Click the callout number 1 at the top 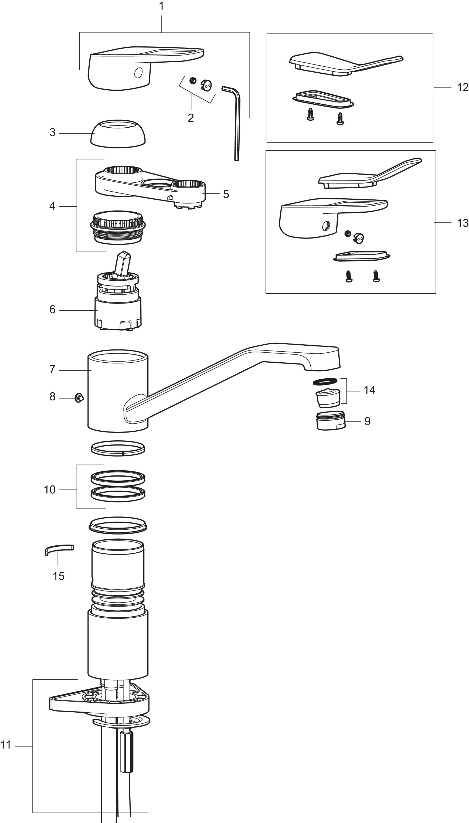click(x=161, y=6)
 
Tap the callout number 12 click(x=463, y=87)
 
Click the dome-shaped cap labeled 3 click(x=118, y=134)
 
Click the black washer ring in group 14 click(x=325, y=381)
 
